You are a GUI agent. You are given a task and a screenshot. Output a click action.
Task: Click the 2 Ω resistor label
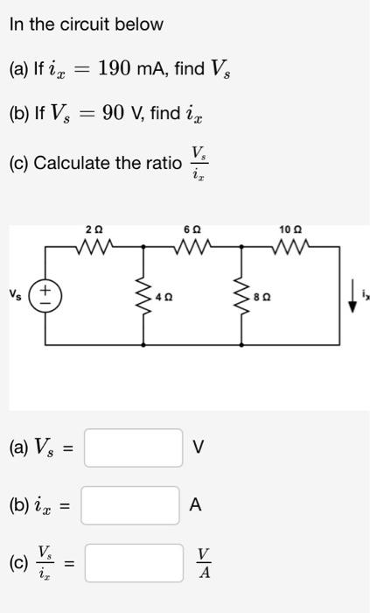pyautogui.click(x=94, y=229)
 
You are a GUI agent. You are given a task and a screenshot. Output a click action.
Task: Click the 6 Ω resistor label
pyautogui.click(x=190, y=229)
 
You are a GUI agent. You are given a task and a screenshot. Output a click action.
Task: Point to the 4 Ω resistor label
pyautogui.click(x=164, y=296)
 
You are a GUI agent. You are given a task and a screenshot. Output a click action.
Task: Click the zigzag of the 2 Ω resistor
pyautogui.click(x=94, y=248)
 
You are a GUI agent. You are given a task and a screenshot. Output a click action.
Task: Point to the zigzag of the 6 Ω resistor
pyautogui.click(x=190, y=248)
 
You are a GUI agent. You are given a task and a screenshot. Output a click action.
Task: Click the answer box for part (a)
pyautogui.click(x=133, y=448)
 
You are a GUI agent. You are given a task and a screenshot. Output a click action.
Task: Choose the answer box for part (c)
pyautogui.click(x=133, y=560)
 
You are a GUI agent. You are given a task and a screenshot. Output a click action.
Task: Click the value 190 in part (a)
pyautogui.click(x=117, y=67)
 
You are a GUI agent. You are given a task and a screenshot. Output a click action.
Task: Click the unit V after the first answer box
pyautogui.click(x=199, y=448)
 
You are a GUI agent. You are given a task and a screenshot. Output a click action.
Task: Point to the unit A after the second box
pyautogui.click(x=195, y=505)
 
